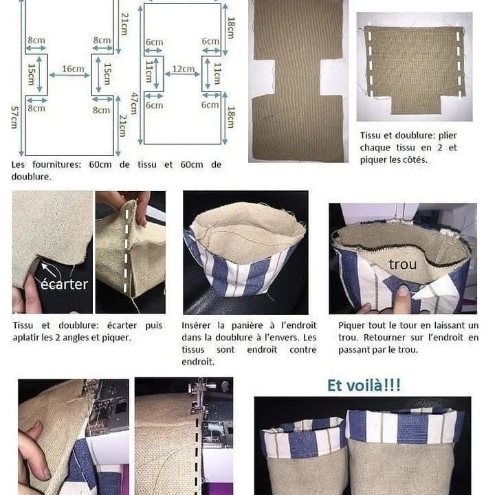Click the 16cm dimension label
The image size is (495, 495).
pos(73,69)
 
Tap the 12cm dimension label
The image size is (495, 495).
pos(183,69)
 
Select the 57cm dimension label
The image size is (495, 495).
pos(14,117)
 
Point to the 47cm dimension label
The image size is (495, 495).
pos(135,103)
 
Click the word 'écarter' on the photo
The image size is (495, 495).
pos(65,284)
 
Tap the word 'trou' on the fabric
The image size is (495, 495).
pos(403,264)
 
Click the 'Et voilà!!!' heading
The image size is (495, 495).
pos(364,385)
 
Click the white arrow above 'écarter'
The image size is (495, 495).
pos(48,270)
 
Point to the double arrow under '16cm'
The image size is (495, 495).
pos(69,75)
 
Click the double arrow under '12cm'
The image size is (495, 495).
pos(182,74)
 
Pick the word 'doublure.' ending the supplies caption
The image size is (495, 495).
pos(31,177)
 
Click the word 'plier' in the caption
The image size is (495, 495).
pos(448,135)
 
